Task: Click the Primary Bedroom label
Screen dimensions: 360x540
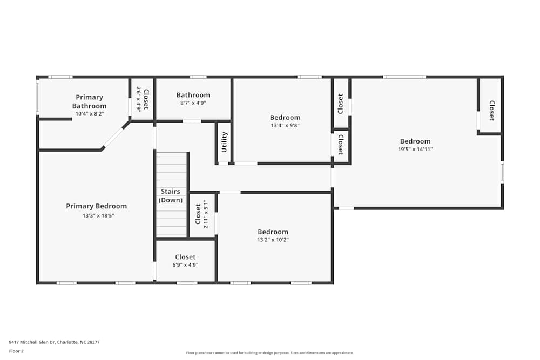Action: (96, 206)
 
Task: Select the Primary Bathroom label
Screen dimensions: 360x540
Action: (89, 101)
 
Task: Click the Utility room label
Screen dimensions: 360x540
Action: (225, 142)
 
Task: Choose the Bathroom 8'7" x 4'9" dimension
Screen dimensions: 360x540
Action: (193, 103)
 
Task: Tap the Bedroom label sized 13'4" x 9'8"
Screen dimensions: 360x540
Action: (285, 118)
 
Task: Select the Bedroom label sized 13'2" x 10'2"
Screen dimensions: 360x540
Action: (273, 232)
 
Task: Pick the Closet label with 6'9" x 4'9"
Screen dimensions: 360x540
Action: (185, 257)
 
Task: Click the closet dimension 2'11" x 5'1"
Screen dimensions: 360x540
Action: (206, 214)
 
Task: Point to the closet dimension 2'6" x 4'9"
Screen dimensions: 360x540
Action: (138, 99)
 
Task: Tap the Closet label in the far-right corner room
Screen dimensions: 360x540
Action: (491, 110)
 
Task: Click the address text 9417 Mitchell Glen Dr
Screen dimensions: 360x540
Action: (54, 342)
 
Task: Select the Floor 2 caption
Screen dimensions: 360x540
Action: (16, 351)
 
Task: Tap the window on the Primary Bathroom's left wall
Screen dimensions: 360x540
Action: (38, 97)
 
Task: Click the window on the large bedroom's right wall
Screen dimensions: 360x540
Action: (502, 172)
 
